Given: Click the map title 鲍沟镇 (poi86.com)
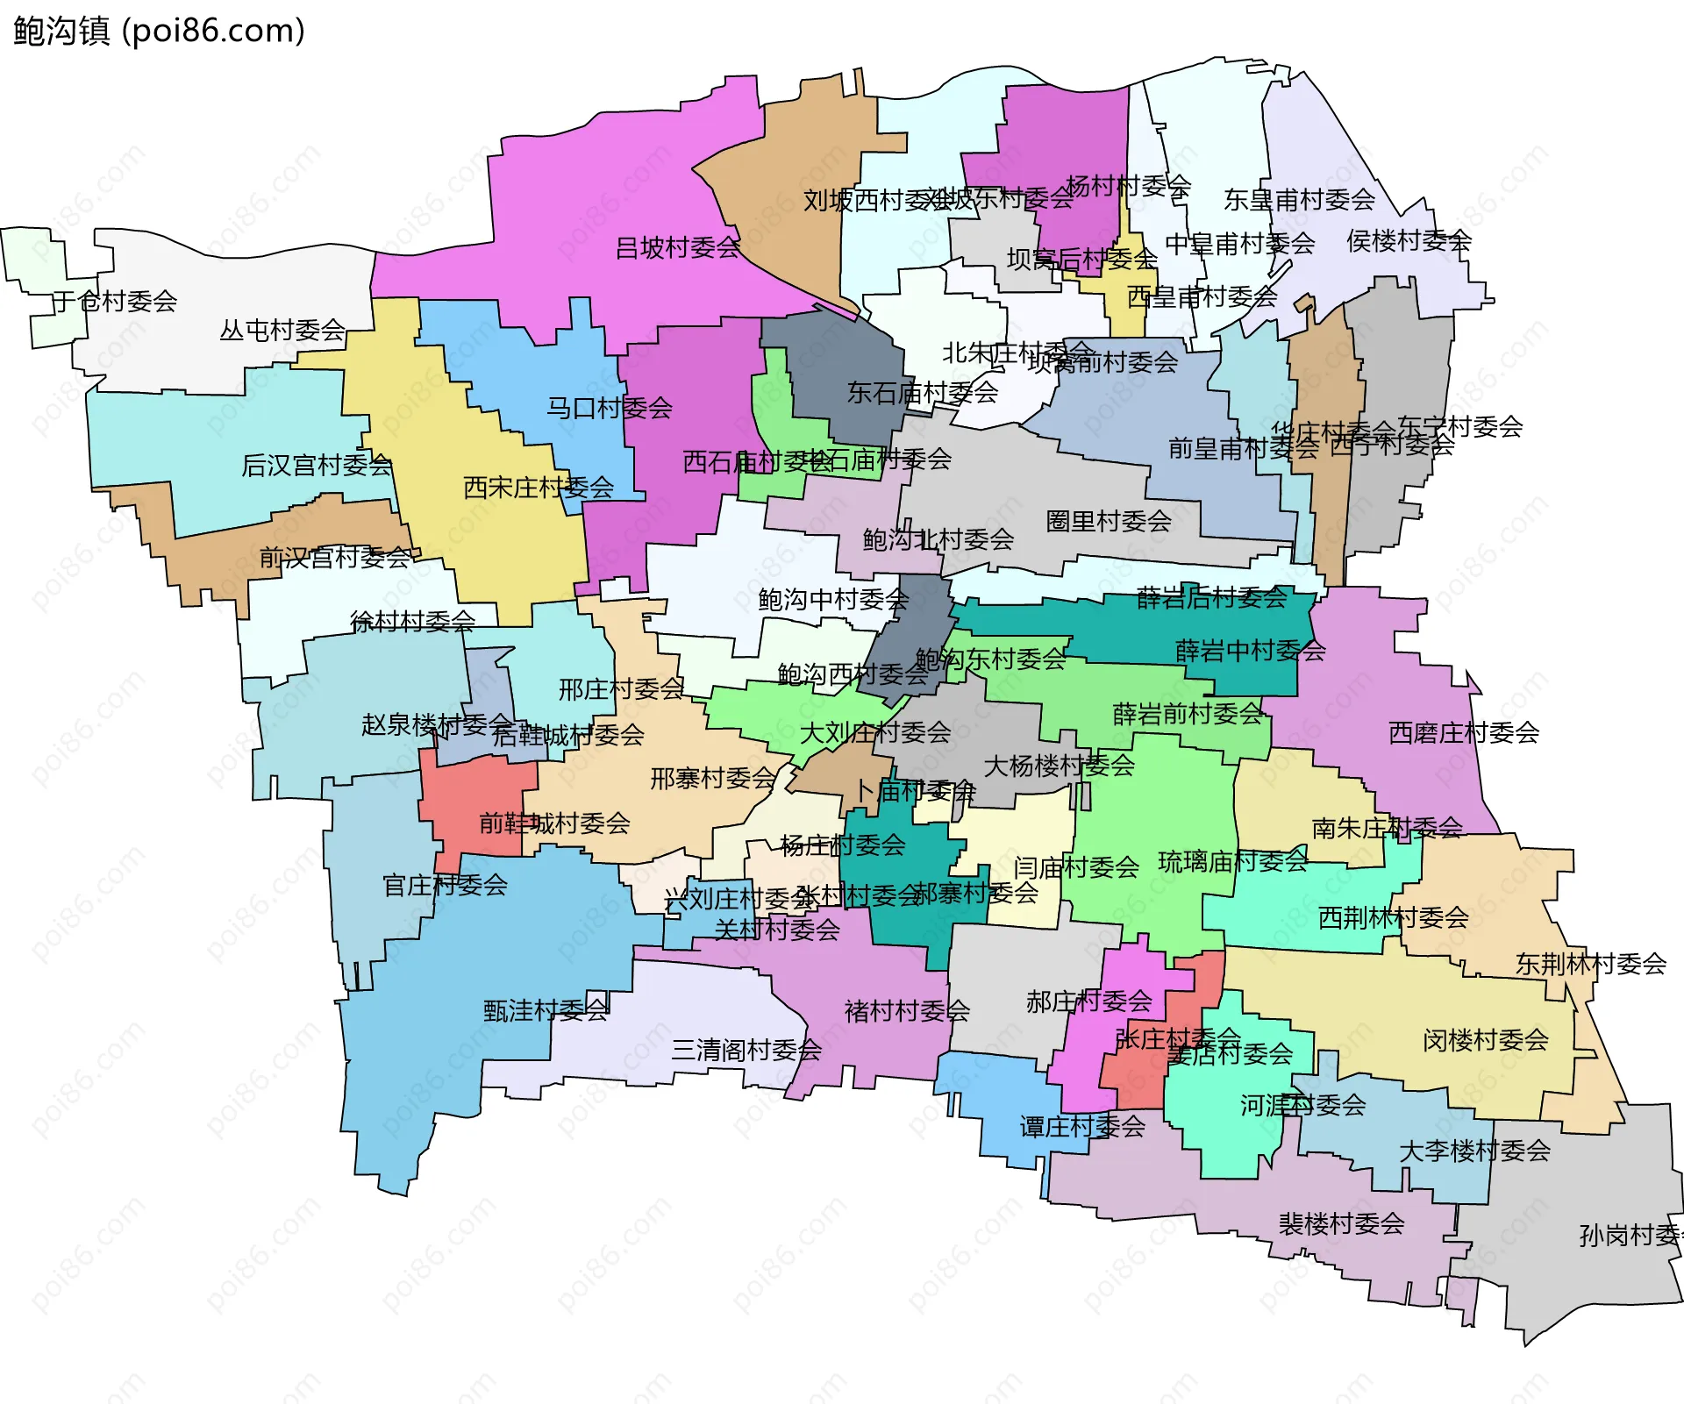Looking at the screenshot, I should point(159,31).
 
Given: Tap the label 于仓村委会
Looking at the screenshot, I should point(115,302).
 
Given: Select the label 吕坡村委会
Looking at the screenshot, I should point(678,248).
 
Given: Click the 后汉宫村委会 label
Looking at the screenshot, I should point(317,466).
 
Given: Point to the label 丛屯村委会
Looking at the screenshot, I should point(282,331).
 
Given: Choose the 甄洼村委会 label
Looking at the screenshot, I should point(546,1011).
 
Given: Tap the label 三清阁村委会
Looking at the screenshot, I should point(746,1050).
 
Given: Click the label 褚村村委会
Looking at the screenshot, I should point(907,1012).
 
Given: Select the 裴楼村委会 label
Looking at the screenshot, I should point(1341,1224).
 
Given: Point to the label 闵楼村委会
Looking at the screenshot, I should point(1485,1041).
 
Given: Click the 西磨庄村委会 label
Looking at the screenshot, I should point(1464,733).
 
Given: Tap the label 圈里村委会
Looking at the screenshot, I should point(1109,522).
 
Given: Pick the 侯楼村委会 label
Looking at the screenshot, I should point(1409,240).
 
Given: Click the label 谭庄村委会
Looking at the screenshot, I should point(1082,1127).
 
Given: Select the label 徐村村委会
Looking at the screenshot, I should point(412,622).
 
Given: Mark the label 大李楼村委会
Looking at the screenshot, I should point(1474,1151).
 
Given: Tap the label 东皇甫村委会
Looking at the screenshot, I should point(1299,200).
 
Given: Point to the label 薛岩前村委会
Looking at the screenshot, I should point(1188,715).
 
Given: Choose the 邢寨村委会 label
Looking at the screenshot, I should point(713,779).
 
